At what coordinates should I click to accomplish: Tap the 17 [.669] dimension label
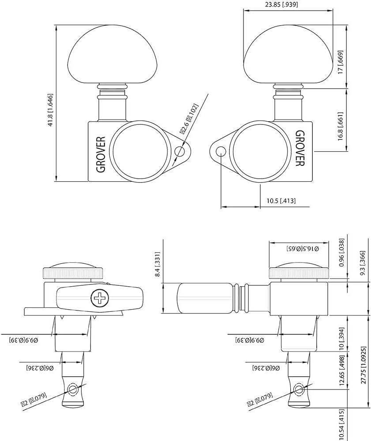[339, 64]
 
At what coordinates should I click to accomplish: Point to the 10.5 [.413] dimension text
[281, 201]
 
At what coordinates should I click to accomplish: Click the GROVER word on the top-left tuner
[101, 153]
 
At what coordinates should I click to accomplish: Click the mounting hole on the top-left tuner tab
[180, 152]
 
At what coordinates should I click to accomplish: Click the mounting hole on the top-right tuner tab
[221, 152]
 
